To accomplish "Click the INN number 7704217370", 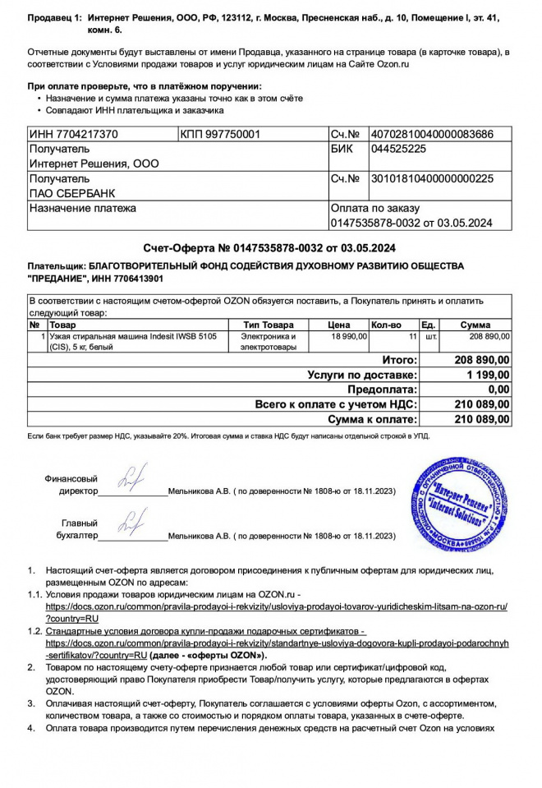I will click(x=73, y=134).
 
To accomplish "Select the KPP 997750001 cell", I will click(x=219, y=134).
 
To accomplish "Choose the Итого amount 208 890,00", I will click(x=482, y=360).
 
